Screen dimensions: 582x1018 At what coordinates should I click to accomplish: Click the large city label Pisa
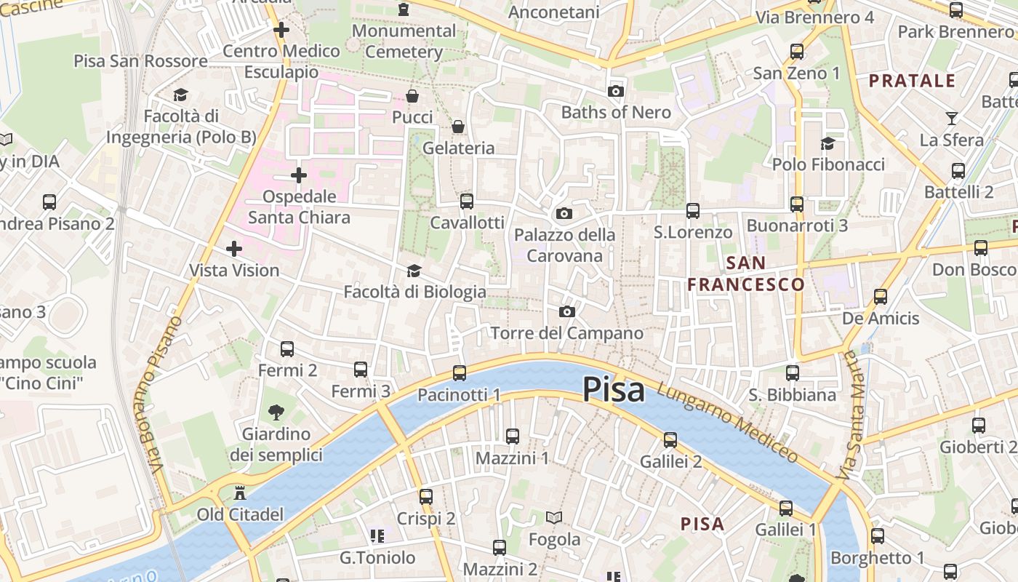pyautogui.click(x=613, y=390)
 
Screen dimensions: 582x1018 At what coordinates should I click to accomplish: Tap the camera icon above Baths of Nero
pyautogui.click(x=616, y=91)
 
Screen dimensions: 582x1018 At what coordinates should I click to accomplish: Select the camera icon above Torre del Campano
pyautogui.click(x=567, y=312)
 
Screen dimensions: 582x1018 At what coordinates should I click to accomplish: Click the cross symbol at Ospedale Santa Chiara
pyautogui.click(x=298, y=175)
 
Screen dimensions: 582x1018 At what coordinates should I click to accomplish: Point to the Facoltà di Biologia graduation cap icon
pyautogui.click(x=414, y=271)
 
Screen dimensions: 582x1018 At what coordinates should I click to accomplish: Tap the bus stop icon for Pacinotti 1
pyautogui.click(x=459, y=373)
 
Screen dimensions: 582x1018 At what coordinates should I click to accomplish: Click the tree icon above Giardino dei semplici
pyautogui.click(x=276, y=413)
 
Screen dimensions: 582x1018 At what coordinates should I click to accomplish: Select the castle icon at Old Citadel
pyautogui.click(x=239, y=494)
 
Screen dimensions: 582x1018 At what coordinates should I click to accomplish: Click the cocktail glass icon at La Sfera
pyautogui.click(x=951, y=119)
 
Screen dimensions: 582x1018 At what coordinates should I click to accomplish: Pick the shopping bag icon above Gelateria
pyautogui.click(x=458, y=127)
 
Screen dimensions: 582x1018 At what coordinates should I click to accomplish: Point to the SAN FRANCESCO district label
pyautogui.click(x=746, y=274)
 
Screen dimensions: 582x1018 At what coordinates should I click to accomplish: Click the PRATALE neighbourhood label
pyautogui.click(x=912, y=81)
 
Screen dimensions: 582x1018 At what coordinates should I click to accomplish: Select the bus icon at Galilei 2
pyautogui.click(x=670, y=440)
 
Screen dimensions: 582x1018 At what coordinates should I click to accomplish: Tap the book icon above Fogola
pyautogui.click(x=554, y=518)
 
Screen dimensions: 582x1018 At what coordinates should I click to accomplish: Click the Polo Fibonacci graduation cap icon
pyautogui.click(x=827, y=143)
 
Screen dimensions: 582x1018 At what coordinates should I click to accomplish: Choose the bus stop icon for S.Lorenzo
pyautogui.click(x=692, y=211)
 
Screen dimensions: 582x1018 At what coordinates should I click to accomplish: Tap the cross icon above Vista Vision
pyautogui.click(x=233, y=250)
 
